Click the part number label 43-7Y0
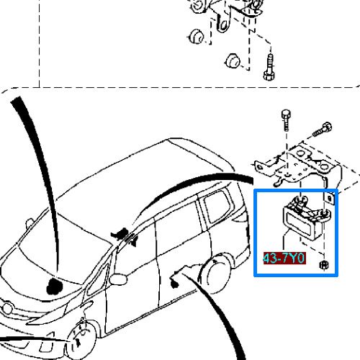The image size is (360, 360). click(x=284, y=258)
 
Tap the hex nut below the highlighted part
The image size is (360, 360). click(x=323, y=266)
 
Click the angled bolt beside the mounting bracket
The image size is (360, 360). click(x=322, y=131)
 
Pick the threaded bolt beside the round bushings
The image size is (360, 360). click(x=270, y=68)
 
